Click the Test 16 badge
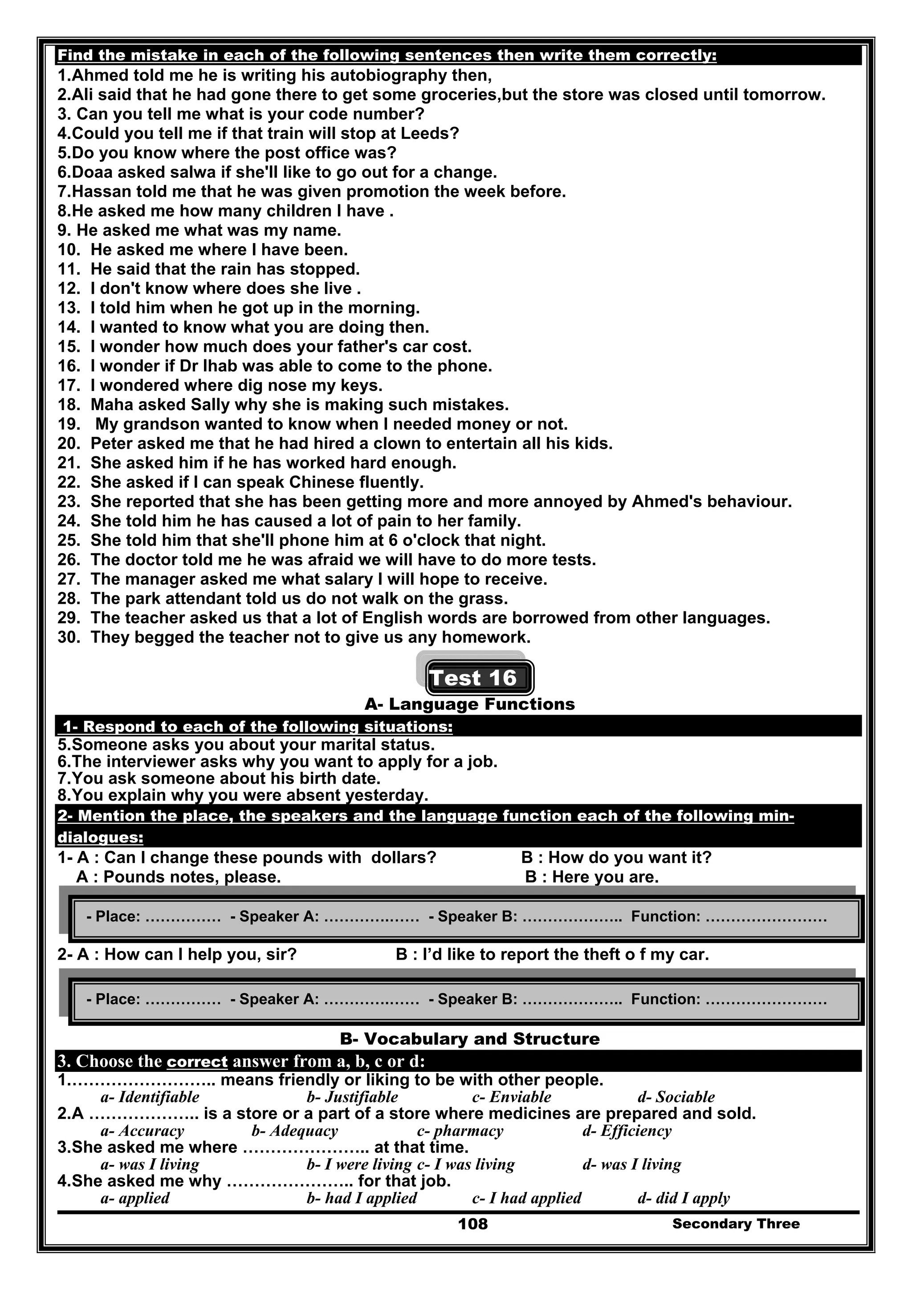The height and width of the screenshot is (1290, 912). coord(479,678)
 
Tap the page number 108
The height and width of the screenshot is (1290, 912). coord(472,1224)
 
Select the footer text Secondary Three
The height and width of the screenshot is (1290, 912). coord(736,1224)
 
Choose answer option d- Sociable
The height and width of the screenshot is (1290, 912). coord(676,1097)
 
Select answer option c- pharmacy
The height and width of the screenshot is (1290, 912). coord(460,1131)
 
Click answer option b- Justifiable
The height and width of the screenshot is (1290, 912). coord(352,1097)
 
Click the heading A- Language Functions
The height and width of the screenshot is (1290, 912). coord(470,704)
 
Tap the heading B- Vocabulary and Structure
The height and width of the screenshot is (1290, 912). coord(470,1039)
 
